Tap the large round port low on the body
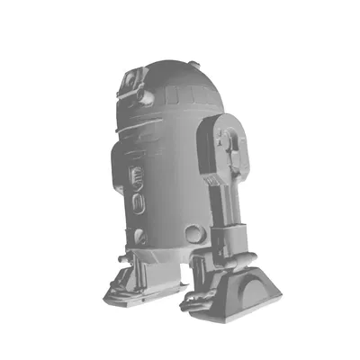[x=195, y=233]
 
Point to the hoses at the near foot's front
[x=200, y=297]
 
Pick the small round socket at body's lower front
[x=141, y=237]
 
